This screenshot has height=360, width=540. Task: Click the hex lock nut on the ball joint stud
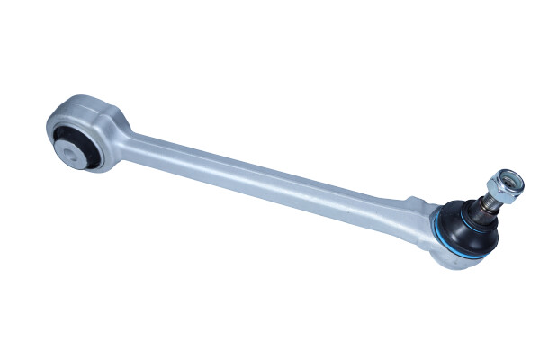click(x=499, y=187)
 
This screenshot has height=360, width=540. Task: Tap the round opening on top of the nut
click(x=503, y=179)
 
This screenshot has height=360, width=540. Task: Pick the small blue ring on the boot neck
click(x=475, y=213)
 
